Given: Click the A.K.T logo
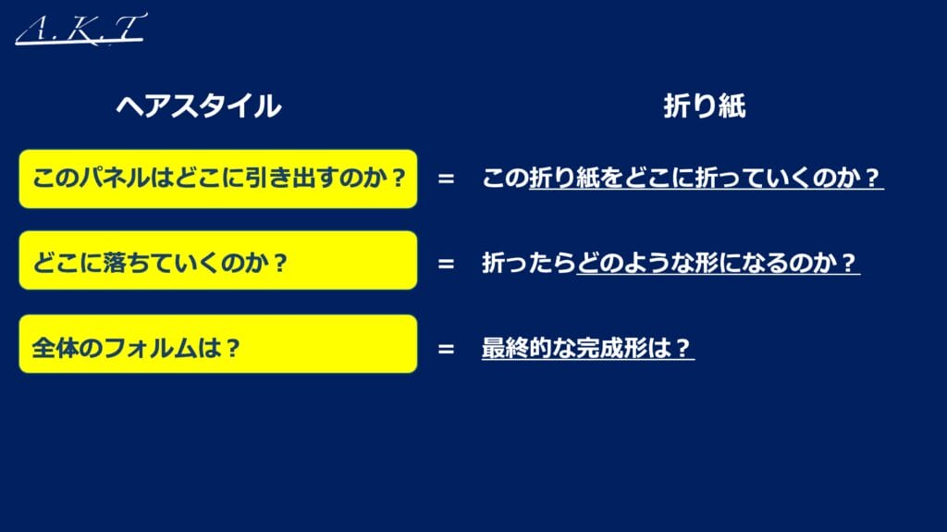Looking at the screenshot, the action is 81,29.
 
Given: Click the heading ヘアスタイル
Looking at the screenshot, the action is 199,105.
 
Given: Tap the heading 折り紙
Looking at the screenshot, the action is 704,105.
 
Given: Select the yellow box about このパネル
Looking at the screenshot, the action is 218,179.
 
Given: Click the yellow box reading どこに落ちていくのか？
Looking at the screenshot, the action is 218,260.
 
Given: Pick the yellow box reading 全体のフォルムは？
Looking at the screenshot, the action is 218,344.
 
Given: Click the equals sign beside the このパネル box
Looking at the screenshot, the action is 446,179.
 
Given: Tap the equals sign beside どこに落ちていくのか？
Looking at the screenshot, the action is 446,264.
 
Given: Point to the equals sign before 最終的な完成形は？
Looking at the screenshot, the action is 446,349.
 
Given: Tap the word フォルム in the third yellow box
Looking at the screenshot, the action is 150,348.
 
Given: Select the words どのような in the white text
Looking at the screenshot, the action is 636,263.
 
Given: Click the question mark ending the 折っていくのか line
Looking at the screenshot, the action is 871,178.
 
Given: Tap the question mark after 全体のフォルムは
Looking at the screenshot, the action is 232,348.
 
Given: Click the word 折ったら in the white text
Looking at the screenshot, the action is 528,263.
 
